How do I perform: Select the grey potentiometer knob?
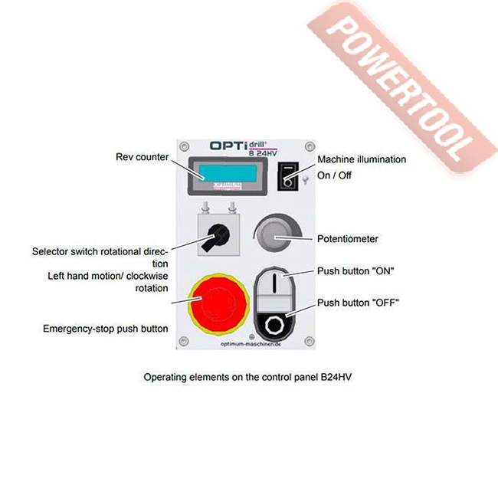coord(274,234)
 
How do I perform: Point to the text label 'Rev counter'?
coord(139,157)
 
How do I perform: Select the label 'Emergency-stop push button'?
coord(106,329)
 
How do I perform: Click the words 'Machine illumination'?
coord(362,159)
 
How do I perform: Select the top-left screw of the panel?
coord(183,143)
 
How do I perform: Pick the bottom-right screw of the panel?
coord(309,341)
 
